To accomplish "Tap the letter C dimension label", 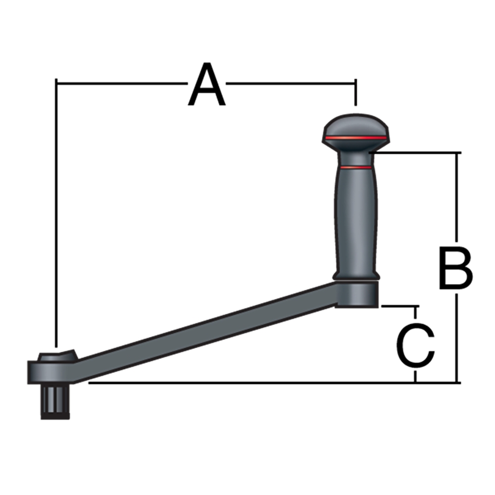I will pos(416,345).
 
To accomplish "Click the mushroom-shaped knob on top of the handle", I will pos(355,131).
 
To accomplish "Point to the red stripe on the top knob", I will pos(355,137).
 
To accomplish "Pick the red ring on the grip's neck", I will pos(355,168).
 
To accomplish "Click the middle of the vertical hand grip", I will pos(355,223).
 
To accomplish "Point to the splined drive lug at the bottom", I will pos(55,401).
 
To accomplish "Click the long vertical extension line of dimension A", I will pos(57,213).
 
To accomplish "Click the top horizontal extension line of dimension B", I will pos(416,153).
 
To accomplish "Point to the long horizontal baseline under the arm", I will pos(272,383).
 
